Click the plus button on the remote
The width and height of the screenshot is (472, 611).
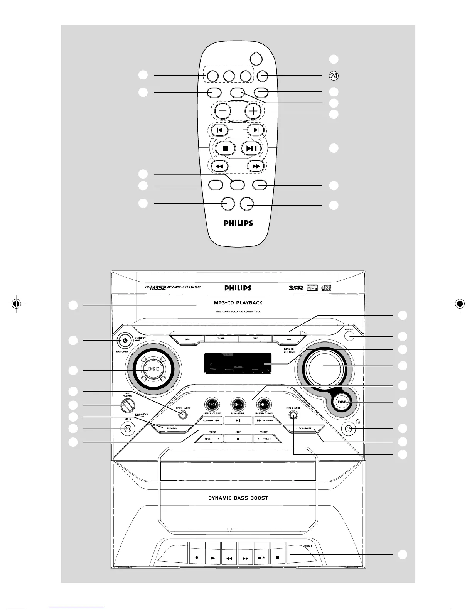[x=253, y=111]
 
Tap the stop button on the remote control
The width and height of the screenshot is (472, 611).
[x=226, y=148]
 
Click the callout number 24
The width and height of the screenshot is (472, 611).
[x=334, y=76]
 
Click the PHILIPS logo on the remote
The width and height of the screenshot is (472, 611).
[x=238, y=223]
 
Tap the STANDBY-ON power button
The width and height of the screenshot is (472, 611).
[x=125, y=340]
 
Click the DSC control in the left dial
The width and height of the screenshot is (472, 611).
[x=152, y=369]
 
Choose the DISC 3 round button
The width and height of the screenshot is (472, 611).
[x=264, y=405]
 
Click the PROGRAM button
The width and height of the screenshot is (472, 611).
[x=172, y=428]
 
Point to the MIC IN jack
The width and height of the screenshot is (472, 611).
[x=128, y=429]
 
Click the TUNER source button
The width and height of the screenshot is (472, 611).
[x=221, y=338]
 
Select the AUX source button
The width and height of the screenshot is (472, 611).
[x=289, y=339]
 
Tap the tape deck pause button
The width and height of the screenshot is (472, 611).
[x=278, y=557]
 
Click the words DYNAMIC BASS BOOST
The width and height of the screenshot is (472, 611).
[x=238, y=498]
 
